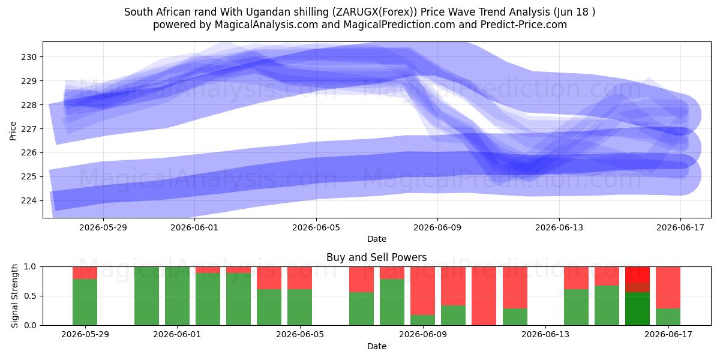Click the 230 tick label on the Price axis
pos(29,57)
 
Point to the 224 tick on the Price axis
pos(29,201)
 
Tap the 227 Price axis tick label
pos(29,129)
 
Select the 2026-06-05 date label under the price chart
pos(316,227)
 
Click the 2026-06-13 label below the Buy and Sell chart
pos(545,335)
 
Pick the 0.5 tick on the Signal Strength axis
pos(30,296)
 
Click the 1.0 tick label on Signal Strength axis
pos(30,267)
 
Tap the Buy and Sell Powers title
pos(376,257)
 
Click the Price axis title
pos(13,131)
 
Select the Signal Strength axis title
pos(14,296)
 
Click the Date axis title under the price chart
pos(377,239)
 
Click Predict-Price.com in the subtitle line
pos(524,25)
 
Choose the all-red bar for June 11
pos(484,296)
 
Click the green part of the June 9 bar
pos(422,320)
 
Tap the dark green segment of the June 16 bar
pos(637,308)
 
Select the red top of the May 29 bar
pos(85,272)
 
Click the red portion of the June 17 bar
pos(668,287)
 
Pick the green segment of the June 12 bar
pos(515,317)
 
